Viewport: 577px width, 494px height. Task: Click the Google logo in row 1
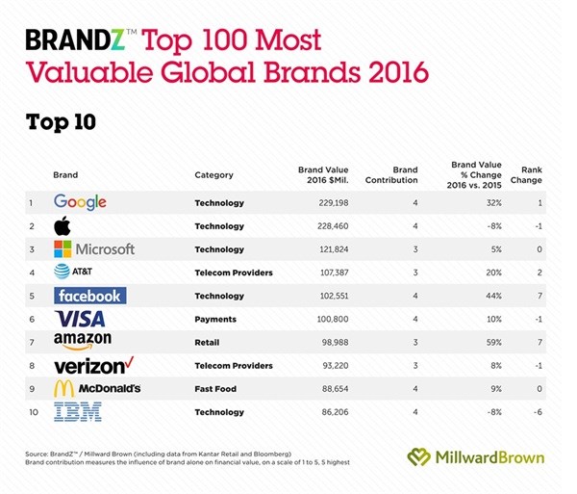click(80, 203)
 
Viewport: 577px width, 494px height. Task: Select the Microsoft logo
click(94, 249)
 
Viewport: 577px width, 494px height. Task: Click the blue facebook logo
click(88, 296)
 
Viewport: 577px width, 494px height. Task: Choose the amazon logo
click(83, 342)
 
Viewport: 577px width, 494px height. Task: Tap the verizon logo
click(91, 365)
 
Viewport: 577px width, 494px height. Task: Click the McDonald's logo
click(97, 388)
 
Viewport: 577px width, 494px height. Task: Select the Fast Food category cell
click(218, 388)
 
